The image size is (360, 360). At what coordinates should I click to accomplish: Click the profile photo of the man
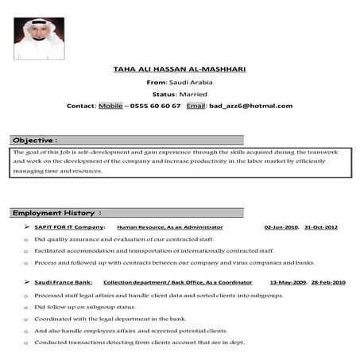(39, 38)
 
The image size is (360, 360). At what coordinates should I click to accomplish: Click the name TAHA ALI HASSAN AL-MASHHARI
(180, 69)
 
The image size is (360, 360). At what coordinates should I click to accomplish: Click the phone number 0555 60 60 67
(155, 106)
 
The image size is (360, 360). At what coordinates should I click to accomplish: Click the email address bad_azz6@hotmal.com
(250, 106)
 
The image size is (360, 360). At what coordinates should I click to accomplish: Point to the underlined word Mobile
(110, 106)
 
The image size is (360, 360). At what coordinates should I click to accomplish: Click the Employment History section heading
(56, 213)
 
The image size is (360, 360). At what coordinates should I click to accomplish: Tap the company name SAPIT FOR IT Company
(70, 227)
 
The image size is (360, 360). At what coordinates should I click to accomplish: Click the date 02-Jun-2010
(281, 227)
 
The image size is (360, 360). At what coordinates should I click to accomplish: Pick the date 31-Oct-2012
(321, 227)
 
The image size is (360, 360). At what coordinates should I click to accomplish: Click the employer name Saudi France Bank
(64, 282)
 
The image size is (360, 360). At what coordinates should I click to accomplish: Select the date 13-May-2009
(287, 282)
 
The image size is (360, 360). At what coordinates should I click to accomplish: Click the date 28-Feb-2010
(327, 282)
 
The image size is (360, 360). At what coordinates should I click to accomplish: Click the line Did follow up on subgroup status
(84, 306)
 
